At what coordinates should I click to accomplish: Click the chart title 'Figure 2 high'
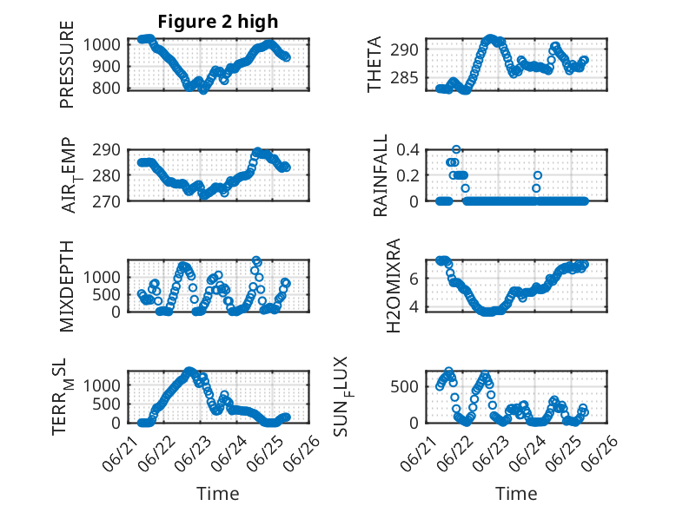218,22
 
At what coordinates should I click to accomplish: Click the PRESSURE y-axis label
67,64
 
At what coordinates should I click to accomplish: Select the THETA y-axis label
374,64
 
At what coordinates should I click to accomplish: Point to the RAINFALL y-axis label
381,175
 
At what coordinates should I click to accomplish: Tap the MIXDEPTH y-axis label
67,286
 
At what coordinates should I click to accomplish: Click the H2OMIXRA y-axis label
394,286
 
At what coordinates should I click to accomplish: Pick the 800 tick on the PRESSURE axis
107,89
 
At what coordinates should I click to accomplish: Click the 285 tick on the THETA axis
404,78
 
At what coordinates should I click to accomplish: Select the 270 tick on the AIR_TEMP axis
107,201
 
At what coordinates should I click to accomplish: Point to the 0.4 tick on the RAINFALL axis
408,150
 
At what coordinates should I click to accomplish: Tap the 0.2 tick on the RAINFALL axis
408,175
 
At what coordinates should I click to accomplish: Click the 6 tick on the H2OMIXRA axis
414,279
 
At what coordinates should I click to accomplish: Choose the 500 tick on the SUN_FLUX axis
404,386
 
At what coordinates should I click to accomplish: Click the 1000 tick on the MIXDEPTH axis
102,277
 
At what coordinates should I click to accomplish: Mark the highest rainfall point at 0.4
456,149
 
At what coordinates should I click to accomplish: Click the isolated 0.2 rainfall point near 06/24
538,175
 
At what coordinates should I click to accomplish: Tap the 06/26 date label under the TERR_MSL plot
303,453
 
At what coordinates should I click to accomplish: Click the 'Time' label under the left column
218,494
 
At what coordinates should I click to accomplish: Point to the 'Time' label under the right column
516,494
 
